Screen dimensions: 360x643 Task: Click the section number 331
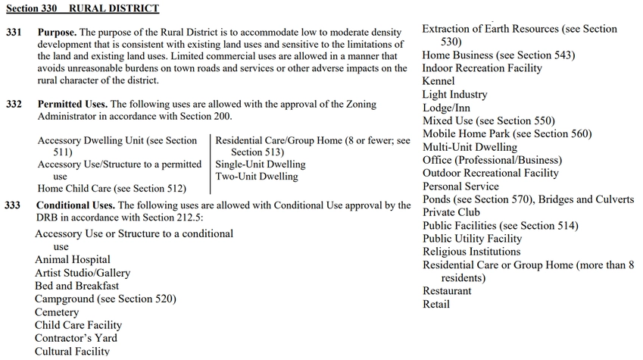[x=14, y=33]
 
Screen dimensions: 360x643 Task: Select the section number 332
[x=14, y=104]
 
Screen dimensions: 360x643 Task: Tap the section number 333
[x=14, y=205]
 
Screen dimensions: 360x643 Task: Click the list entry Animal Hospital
[x=72, y=260]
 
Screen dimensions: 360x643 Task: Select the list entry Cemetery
[x=57, y=312]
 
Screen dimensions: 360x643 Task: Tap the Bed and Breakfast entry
[x=76, y=286]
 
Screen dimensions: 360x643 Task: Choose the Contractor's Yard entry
[x=76, y=338]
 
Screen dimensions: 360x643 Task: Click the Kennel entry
[x=439, y=81]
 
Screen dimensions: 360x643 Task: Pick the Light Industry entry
[x=454, y=95]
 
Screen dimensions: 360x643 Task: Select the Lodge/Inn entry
[x=446, y=108]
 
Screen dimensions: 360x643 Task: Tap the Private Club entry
[x=451, y=212]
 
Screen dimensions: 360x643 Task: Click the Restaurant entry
[x=446, y=291]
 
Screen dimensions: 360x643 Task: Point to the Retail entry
[x=435, y=305]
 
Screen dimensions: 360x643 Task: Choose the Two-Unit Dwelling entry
[x=257, y=177]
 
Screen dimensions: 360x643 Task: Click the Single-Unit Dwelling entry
[x=261, y=164]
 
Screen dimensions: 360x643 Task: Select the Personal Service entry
[x=460, y=186]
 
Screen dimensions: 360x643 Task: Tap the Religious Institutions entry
[x=471, y=252]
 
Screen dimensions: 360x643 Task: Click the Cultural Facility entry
[x=72, y=351]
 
